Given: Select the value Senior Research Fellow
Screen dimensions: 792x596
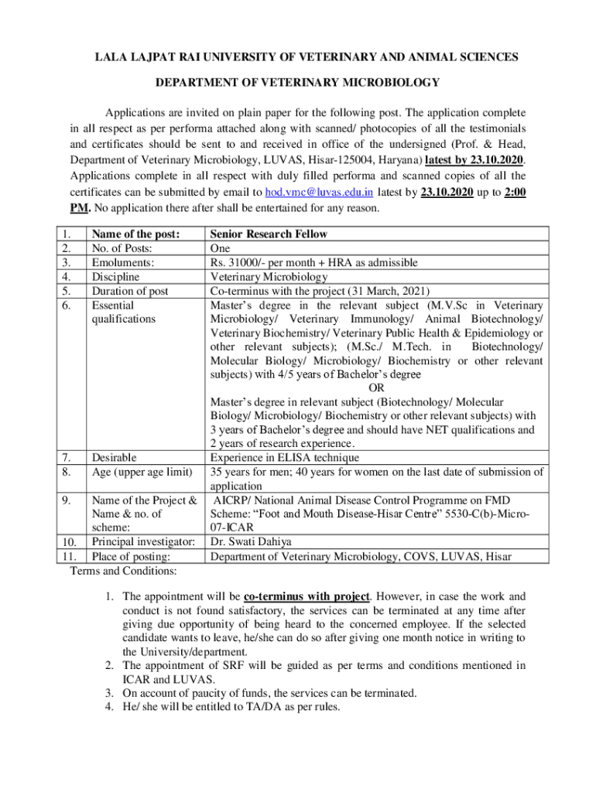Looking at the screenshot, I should tap(269, 234).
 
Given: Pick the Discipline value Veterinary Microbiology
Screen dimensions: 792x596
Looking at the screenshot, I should tap(269, 277).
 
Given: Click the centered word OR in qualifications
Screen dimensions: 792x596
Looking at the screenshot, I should tap(376, 388).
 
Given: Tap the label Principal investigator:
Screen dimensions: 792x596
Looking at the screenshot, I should tap(143, 542).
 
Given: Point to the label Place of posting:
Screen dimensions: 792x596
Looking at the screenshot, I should tap(131, 556).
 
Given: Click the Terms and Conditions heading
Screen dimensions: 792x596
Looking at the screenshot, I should tap(123, 571).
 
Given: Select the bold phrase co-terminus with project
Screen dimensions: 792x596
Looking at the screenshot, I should tap(307, 596).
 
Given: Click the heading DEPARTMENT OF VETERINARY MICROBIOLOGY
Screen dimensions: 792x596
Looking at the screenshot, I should tap(298, 83).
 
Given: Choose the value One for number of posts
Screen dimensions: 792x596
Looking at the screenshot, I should tap(220, 249).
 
